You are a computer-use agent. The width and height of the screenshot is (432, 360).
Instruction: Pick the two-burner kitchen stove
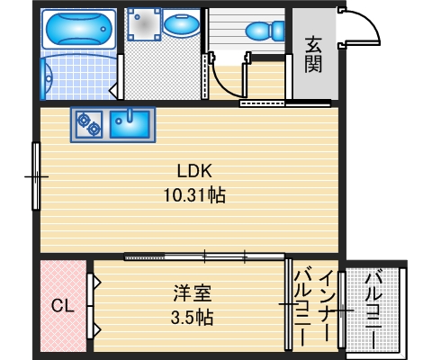(88, 123)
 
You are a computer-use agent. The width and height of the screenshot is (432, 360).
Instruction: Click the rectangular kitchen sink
(131, 123)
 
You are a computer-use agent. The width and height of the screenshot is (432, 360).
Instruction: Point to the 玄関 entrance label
(314, 54)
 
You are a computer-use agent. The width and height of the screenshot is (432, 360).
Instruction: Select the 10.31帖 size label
(193, 193)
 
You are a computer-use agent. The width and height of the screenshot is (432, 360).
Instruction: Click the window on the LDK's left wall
(36, 177)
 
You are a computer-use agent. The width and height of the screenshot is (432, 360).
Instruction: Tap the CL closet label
(62, 306)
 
